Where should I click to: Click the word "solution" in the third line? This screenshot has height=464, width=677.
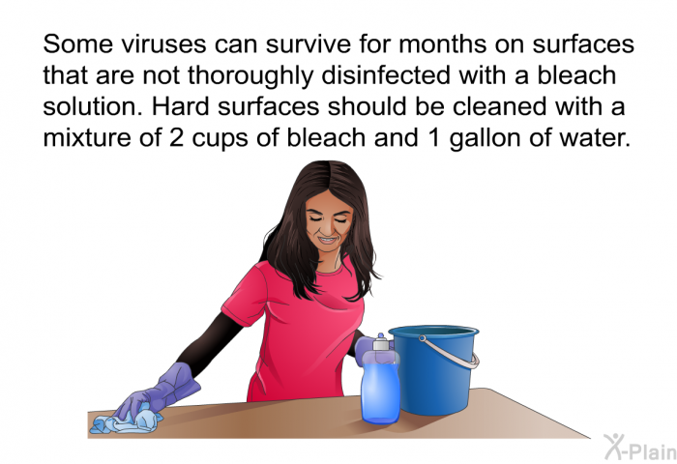pos(93,106)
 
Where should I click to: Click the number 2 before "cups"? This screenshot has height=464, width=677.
pos(176,138)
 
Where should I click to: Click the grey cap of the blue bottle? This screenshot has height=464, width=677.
pos(381,344)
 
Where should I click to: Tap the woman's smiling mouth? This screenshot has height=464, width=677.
pos(327,239)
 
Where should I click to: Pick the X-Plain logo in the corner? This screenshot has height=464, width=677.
pos(640,448)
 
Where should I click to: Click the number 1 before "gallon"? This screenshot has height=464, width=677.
pos(433,138)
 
